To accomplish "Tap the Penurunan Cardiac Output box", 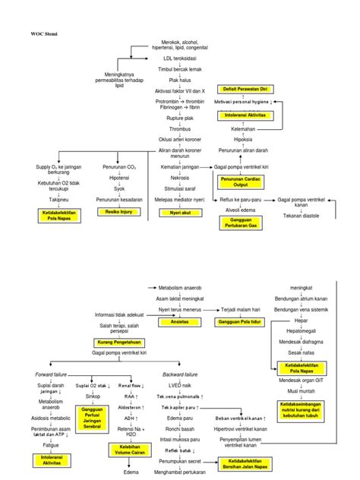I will (x=241, y=182).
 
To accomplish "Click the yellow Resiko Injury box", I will (x=118, y=212).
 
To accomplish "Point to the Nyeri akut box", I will (x=180, y=213).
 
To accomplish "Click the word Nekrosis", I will (x=180, y=178).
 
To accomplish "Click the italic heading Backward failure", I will (x=180, y=374).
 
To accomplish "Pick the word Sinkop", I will (x=92, y=396).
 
